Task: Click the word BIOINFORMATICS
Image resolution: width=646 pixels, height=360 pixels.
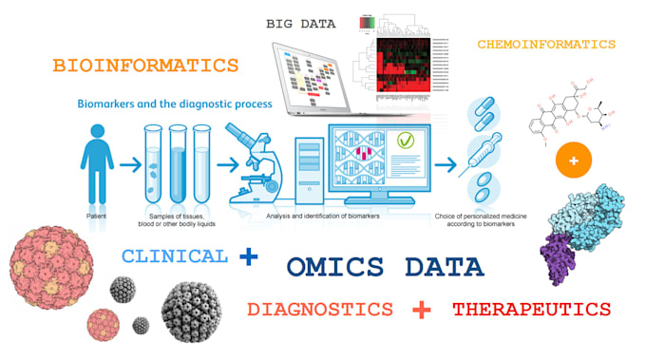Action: [x=145, y=66]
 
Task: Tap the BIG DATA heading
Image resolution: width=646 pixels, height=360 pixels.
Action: [x=303, y=22]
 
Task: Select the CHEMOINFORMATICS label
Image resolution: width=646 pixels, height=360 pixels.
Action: [x=546, y=45]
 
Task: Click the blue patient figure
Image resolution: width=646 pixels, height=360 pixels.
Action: [x=96, y=166]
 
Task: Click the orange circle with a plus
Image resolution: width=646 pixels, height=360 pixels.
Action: [x=573, y=161]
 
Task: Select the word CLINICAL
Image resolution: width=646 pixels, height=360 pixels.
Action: [x=175, y=256]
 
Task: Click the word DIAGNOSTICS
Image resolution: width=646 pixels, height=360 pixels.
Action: [x=318, y=310]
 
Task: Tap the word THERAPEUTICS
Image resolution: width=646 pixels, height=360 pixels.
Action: [x=531, y=310]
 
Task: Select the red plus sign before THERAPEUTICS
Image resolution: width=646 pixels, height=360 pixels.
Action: [x=423, y=310]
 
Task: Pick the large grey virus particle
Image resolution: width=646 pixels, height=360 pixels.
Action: [x=194, y=314]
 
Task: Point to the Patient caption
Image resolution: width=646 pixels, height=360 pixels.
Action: [x=95, y=218]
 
